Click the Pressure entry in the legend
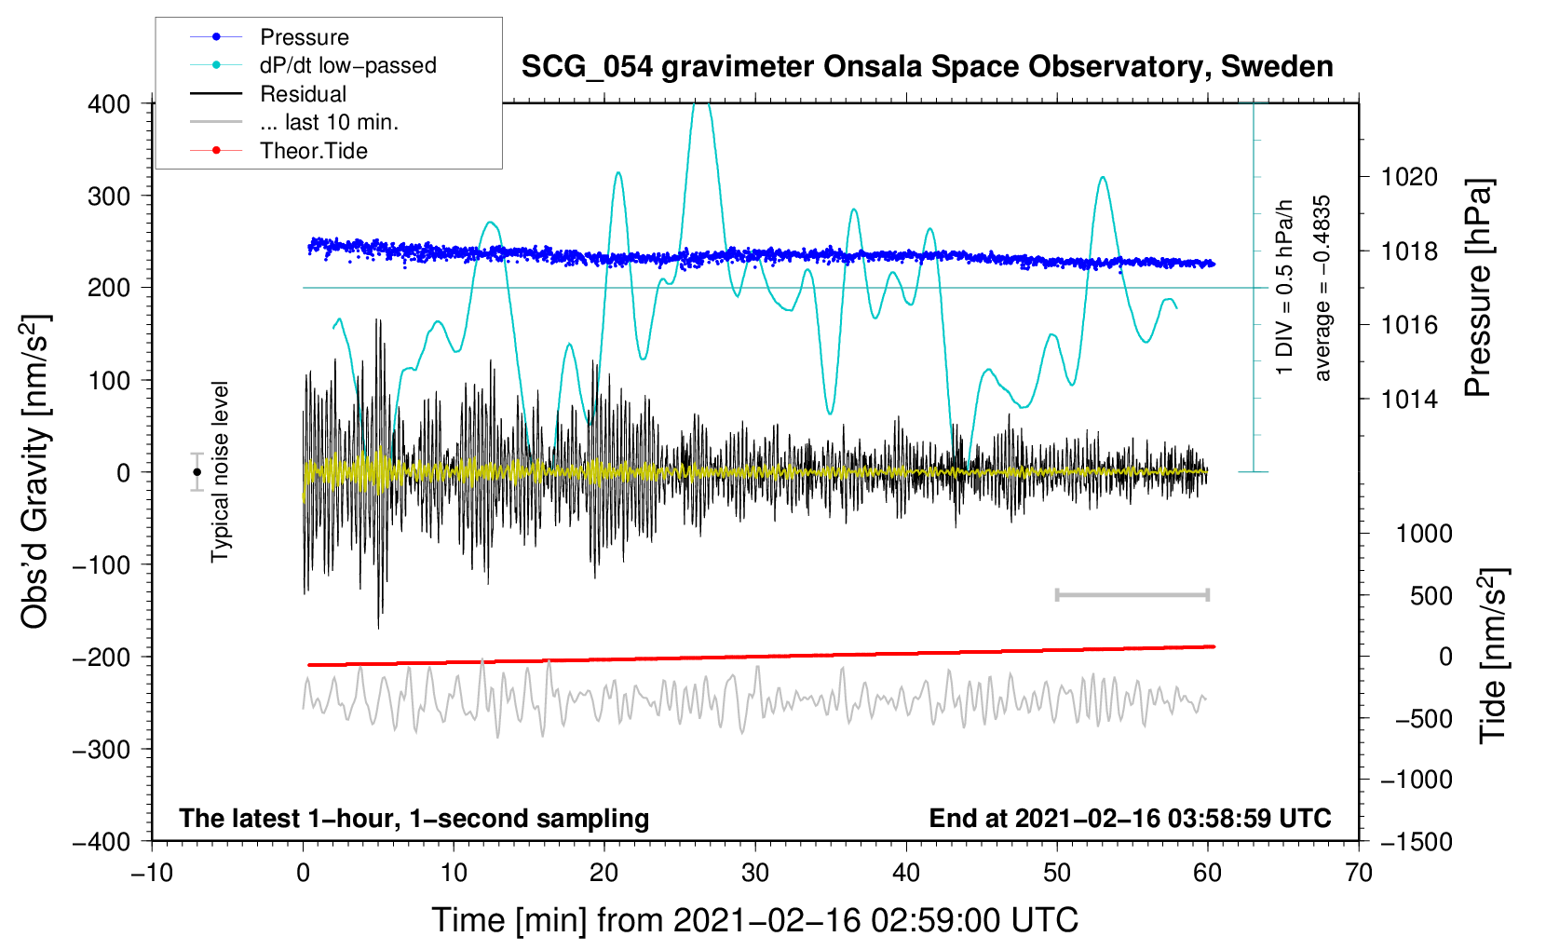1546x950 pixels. pyautogui.click(x=304, y=37)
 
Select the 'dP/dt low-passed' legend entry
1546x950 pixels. pyautogui.click(x=347, y=65)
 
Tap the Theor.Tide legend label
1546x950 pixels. pyautogui.click(x=313, y=151)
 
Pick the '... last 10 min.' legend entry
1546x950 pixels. pyautogui.click(x=329, y=122)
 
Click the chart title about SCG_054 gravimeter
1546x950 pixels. pyautogui.click(x=927, y=67)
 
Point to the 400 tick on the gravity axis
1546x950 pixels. pyautogui.click(x=109, y=104)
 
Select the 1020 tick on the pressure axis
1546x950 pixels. pyautogui.click(x=1409, y=177)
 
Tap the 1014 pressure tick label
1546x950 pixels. pyautogui.click(x=1409, y=400)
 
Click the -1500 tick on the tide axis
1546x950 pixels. pyautogui.click(x=1416, y=842)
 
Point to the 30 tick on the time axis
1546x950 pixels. pyautogui.click(x=755, y=873)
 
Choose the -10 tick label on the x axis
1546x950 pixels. pyautogui.click(x=152, y=873)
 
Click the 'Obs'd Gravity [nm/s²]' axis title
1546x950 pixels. pyautogui.click(x=35, y=471)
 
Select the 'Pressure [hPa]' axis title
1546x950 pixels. pyautogui.click(x=1479, y=289)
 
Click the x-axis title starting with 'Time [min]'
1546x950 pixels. pyautogui.click(x=754, y=920)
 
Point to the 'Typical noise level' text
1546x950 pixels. pyautogui.click(x=220, y=471)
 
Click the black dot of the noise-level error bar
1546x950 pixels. pyautogui.click(x=197, y=472)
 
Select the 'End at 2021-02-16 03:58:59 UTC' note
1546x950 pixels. pyautogui.click(x=1130, y=819)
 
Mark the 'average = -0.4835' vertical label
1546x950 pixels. pyautogui.click(x=1322, y=289)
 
